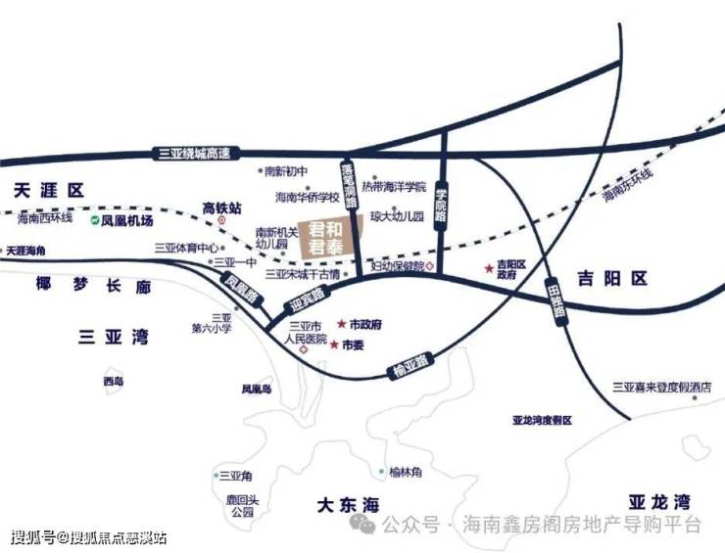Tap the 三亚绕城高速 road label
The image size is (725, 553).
click(196, 153)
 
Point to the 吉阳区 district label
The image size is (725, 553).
click(612, 279)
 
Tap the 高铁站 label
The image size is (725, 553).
click(221, 207)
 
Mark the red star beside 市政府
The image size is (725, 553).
click(342, 324)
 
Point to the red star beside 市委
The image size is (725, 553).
click(334, 346)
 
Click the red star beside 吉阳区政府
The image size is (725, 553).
click(488, 268)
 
